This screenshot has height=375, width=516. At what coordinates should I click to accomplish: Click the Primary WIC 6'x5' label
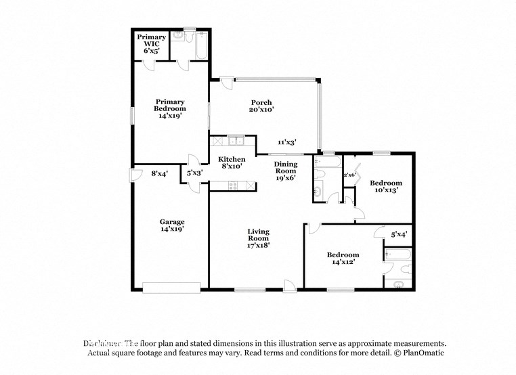[148, 43]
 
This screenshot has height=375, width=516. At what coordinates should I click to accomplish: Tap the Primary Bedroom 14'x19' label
[170, 109]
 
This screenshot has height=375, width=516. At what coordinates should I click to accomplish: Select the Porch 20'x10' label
[261, 106]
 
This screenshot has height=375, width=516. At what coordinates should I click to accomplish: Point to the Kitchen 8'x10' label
[231, 162]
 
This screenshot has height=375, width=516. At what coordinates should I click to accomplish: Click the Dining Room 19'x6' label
[285, 172]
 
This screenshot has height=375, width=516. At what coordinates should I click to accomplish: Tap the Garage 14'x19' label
[172, 225]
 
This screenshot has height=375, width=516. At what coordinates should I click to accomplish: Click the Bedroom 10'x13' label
[386, 186]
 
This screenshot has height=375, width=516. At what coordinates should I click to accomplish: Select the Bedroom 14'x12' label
[343, 258]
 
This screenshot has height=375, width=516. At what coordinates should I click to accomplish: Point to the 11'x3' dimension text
[287, 142]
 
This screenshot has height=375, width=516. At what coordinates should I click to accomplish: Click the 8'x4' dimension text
[159, 173]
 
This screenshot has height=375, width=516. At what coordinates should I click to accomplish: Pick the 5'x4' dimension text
[399, 235]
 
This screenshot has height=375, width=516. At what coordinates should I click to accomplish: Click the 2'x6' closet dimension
[350, 175]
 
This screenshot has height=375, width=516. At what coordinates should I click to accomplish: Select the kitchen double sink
[236, 141]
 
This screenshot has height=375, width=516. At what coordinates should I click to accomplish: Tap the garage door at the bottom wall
[171, 288]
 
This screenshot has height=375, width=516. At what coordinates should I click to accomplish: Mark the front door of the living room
[289, 286]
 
